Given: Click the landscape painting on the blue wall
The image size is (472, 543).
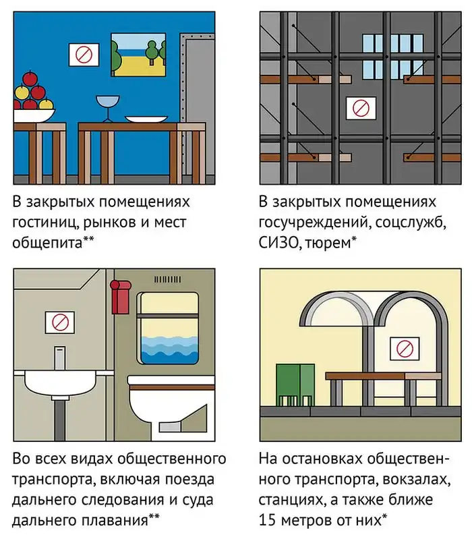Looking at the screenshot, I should (138, 55).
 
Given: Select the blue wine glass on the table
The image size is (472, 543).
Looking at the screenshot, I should (106, 108).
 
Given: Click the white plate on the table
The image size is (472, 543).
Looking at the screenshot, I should (146, 119).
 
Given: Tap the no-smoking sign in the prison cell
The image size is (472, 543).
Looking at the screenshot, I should (361, 107).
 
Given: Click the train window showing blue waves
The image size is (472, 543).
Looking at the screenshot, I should (169, 331).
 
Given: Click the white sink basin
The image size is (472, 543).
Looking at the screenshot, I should (61, 384).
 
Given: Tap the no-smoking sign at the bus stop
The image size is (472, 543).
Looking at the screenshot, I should (405, 349).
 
